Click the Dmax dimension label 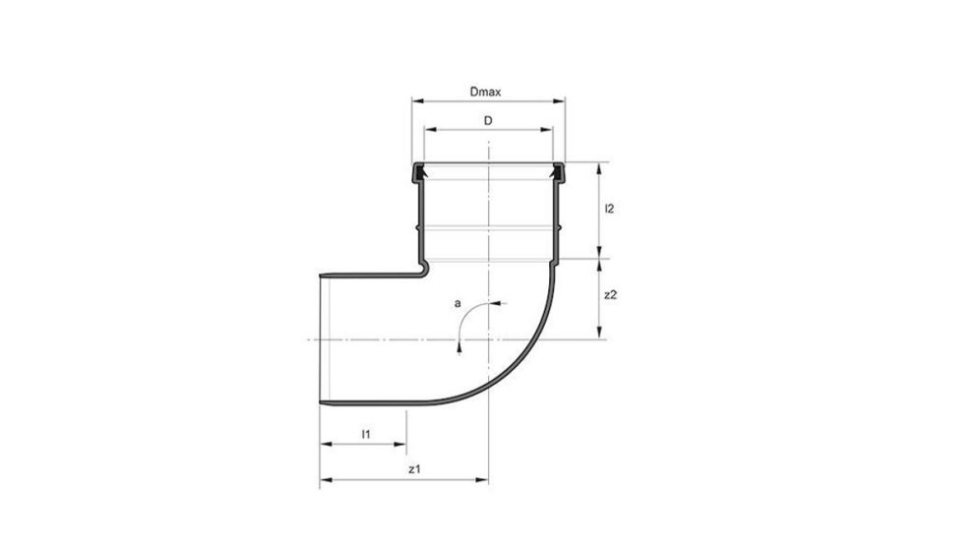(486, 91)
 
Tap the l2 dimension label (610, 210)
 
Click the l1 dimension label (365, 433)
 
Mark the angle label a (457, 304)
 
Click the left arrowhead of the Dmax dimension (415, 100)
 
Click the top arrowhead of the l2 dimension (599, 166)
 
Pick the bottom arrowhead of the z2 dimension (599, 335)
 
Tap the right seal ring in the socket (557, 174)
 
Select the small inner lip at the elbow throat (425, 266)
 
